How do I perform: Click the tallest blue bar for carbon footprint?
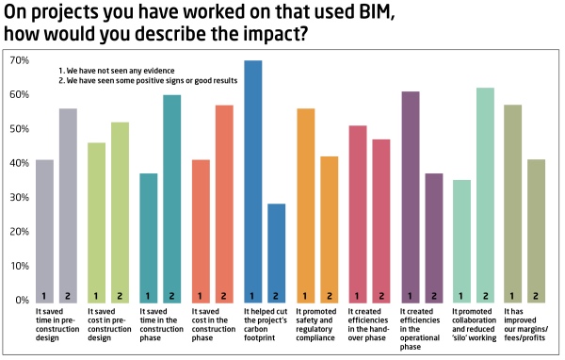pos(252,179)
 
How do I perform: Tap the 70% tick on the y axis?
pos(19,60)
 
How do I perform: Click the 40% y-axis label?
pos(19,163)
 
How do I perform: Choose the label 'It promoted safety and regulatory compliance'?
pos(317,321)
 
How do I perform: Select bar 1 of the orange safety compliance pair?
pos(305,204)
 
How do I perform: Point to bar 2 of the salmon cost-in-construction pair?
pos(224,202)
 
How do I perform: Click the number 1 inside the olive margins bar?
pos(513,295)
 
